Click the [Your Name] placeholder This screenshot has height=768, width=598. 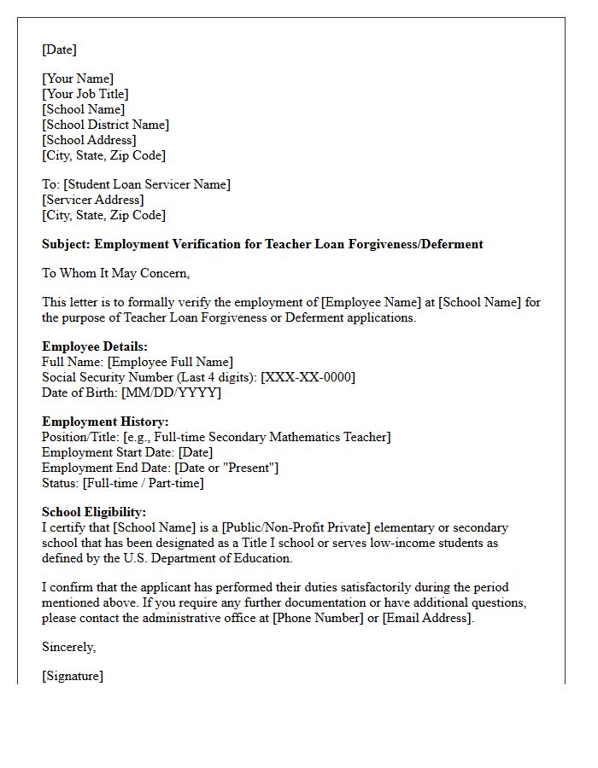click(78, 79)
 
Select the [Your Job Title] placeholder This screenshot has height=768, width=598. click(85, 94)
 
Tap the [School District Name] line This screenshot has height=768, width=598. click(105, 125)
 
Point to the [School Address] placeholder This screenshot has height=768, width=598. click(89, 140)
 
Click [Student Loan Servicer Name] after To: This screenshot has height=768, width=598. click(147, 184)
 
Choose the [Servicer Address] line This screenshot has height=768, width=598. click(93, 200)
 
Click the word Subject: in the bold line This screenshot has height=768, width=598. click(67, 244)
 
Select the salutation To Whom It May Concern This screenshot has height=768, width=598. click(115, 273)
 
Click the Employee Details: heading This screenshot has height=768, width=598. click(95, 346)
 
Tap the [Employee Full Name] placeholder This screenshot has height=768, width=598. click(170, 362)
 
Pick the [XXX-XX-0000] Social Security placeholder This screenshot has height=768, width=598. click(308, 377)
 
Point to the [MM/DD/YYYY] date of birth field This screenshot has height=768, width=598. click(171, 393)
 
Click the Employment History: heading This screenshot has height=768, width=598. click(105, 422)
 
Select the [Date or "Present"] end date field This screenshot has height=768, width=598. click(226, 468)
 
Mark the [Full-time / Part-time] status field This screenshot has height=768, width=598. click(144, 483)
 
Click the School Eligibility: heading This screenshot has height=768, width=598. click(94, 512)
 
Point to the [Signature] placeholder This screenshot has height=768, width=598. click(73, 676)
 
